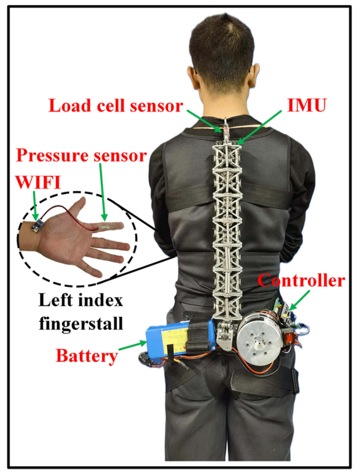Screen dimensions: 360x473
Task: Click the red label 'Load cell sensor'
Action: (116, 106)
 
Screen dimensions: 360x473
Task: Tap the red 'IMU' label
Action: (307, 105)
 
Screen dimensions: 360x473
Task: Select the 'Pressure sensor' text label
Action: (82, 156)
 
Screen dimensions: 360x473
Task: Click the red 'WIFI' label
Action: (38, 182)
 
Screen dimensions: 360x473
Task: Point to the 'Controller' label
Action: (301, 281)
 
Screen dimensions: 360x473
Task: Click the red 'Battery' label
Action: (87, 356)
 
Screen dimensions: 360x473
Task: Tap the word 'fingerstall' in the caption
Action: (81, 324)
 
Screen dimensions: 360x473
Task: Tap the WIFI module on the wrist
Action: (37, 225)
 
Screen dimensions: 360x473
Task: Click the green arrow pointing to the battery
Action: (133, 346)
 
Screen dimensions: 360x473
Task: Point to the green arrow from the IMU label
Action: (259, 127)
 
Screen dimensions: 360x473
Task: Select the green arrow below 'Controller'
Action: (300, 300)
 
